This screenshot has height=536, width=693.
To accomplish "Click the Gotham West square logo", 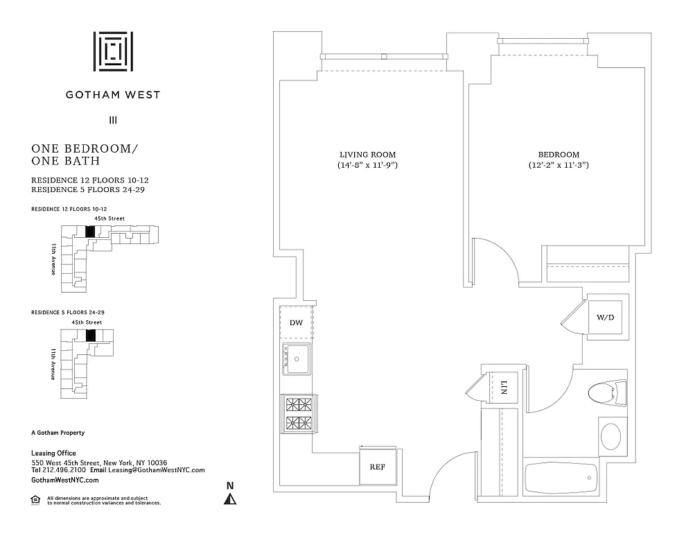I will pyautogui.click(x=113, y=51).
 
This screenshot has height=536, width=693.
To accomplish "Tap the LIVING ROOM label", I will pyautogui.click(x=367, y=154).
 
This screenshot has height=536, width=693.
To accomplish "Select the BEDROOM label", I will pyautogui.click(x=559, y=154).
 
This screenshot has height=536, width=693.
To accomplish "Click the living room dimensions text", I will pyautogui.click(x=367, y=166).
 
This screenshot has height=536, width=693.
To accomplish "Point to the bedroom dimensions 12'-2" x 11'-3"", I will pyautogui.click(x=559, y=166).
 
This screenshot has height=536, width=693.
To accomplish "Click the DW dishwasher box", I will pyautogui.click(x=297, y=322).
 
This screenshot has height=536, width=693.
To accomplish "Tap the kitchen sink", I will pyautogui.click(x=297, y=359).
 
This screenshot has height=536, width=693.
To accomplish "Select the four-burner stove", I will pyautogui.click(x=297, y=413).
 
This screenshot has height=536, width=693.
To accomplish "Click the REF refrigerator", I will pyautogui.click(x=377, y=467).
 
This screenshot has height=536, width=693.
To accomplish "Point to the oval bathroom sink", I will pyautogui.click(x=611, y=438).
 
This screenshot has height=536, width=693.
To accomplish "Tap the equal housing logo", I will pyautogui.click(x=35, y=499).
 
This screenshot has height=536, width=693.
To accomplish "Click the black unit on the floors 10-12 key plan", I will pyautogui.click(x=89, y=232).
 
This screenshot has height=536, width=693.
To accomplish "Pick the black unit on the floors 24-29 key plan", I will pyautogui.click(x=89, y=335).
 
